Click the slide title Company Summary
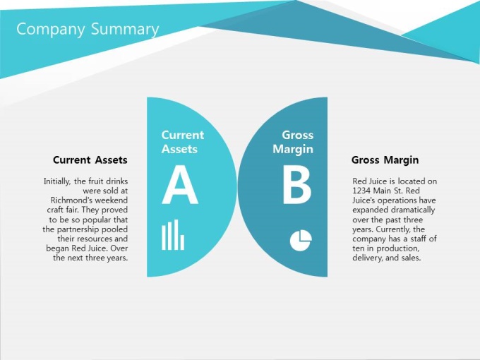(x=88, y=30)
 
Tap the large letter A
(x=180, y=185)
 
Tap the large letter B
(x=296, y=185)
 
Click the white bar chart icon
(x=173, y=234)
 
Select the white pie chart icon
(x=301, y=240)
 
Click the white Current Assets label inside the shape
(x=182, y=142)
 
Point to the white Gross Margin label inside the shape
(x=293, y=142)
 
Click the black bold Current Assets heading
(x=90, y=160)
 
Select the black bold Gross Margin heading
(x=385, y=160)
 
